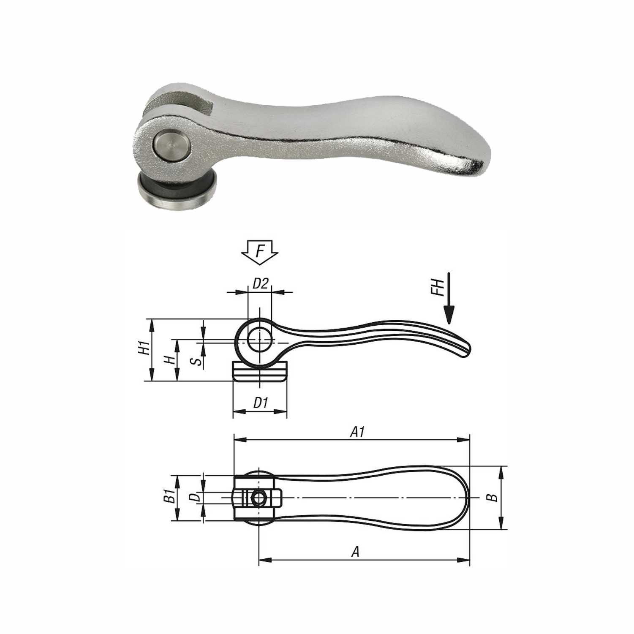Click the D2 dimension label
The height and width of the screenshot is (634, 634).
(x=260, y=284)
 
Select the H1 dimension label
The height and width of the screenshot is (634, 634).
(x=145, y=348)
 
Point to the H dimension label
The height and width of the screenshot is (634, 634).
(x=170, y=360)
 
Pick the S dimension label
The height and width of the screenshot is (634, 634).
(x=195, y=361)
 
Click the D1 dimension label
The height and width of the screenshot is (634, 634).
(x=261, y=403)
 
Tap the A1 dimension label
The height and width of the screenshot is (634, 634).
(x=357, y=432)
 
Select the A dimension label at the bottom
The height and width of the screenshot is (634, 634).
(x=356, y=551)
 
